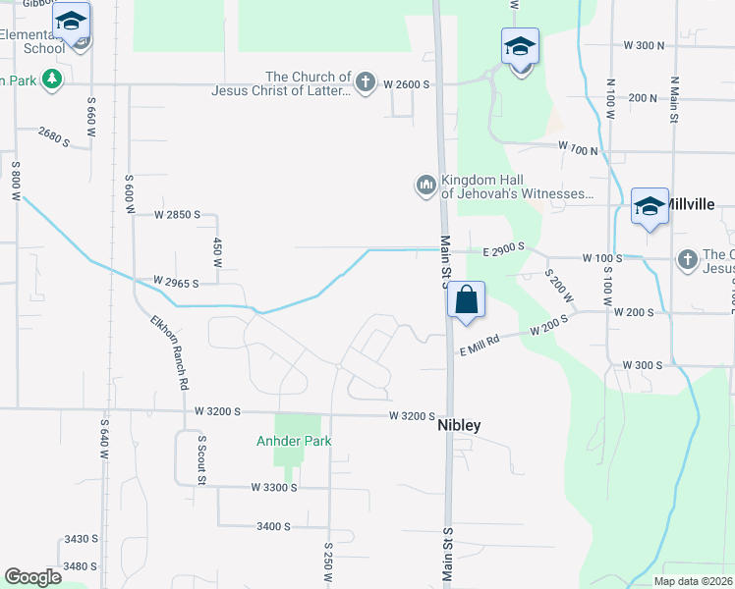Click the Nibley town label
[x=458, y=427]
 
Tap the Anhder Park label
[x=294, y=441]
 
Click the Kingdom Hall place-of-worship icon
[x=425, y=185]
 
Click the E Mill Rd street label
[x=480, y=340]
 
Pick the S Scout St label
[x=200, y=460]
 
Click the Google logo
[x=32, y=577]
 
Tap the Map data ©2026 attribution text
[x=692, y=581]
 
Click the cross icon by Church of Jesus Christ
[x=366, y=82]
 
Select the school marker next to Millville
[x=650, y=207]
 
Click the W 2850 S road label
[x=177, y=214]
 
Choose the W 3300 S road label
[x=273, y=487]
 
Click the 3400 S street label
[x=273, y=526]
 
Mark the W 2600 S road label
[x=408, y=84]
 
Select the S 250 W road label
[x=328, y=562]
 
